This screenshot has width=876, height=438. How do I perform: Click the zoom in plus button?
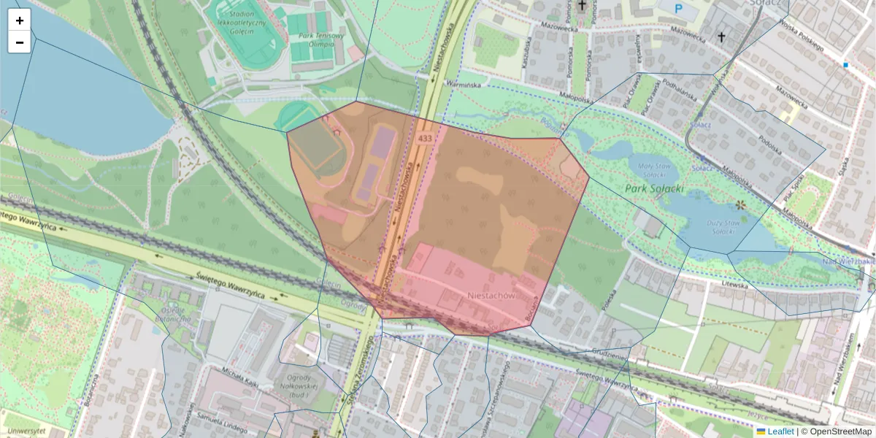click(20, 20)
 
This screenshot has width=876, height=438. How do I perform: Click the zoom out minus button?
click(20, 42)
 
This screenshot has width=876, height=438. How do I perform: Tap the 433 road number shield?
click(424, 137)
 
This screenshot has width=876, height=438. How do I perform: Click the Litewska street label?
click(734, 285)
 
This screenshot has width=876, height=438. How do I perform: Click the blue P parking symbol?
click(678, 9)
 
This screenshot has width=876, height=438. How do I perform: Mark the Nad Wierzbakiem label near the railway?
click(848, 261)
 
